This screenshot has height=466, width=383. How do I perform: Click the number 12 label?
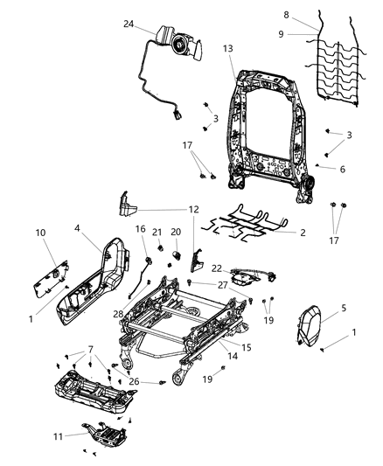193,210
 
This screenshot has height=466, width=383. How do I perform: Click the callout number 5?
344,308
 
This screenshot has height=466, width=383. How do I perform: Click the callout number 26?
133,380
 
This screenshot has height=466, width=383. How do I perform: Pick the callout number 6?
343,169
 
